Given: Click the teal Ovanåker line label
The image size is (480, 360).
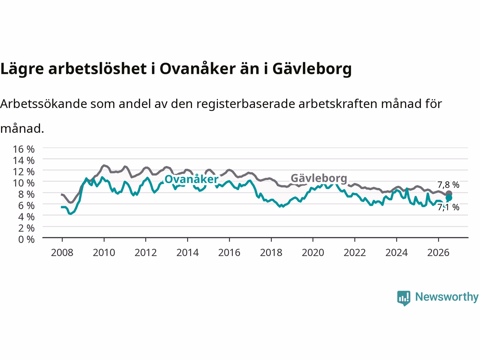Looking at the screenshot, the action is (191, 179).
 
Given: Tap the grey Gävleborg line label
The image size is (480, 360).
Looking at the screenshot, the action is (319, 178).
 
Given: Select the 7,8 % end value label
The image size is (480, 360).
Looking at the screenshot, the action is (448, 185).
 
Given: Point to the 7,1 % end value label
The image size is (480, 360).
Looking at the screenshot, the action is (448, 207).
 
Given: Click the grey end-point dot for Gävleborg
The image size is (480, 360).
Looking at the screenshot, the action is (449, 193).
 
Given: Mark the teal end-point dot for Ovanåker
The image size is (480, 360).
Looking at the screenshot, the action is (449, 198).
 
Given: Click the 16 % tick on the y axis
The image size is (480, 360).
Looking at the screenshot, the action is (24, 149).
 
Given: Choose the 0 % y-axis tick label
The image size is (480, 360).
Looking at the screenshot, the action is (27, 240).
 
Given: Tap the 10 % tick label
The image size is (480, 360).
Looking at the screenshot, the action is (24, 183).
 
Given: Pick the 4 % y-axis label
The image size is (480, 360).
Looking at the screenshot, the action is (27, 217).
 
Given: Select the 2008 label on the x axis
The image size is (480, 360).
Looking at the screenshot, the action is (62, 253).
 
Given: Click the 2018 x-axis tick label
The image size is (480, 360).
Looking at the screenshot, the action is (271, 253).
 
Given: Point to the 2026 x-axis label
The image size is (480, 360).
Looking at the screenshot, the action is (438, 253).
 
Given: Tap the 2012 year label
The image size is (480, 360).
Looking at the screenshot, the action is (145, 253).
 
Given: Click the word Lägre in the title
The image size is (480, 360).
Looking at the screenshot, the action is (22, 69).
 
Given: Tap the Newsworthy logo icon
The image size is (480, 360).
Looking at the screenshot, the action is (403, 298).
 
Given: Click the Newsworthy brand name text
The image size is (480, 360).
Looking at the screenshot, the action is (447, 297).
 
